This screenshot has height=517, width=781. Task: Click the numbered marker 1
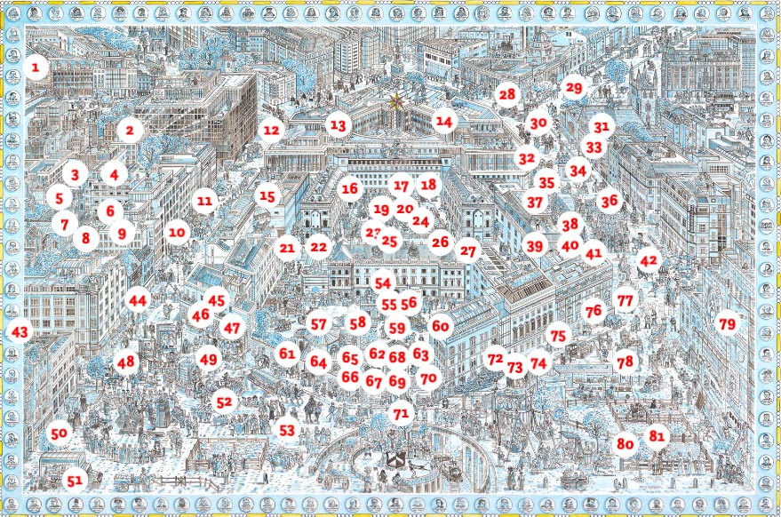[36, 68]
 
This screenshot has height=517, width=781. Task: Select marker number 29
[573, 88]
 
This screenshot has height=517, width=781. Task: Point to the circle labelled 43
[18, 331]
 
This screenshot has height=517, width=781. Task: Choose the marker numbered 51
[75, 481]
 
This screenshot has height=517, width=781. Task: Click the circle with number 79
[727, 325]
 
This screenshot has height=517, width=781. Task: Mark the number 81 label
[657, 436]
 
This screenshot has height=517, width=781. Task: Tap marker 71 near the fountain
[401, 413]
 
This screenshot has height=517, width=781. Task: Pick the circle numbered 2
[130, 131]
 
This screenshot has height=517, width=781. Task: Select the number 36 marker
[609, 201]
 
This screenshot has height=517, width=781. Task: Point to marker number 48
[125, 362]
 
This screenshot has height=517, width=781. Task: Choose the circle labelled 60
[441, 326]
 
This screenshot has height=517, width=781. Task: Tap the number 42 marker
[649, 260]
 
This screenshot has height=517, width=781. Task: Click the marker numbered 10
[177, 233]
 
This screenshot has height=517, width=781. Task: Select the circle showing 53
[286, 430]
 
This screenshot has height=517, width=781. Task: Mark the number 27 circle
[468, 251]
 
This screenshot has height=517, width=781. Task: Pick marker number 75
[557, 336]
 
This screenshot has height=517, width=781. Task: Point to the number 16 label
[350, 188]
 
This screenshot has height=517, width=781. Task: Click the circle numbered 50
[59, 433]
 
